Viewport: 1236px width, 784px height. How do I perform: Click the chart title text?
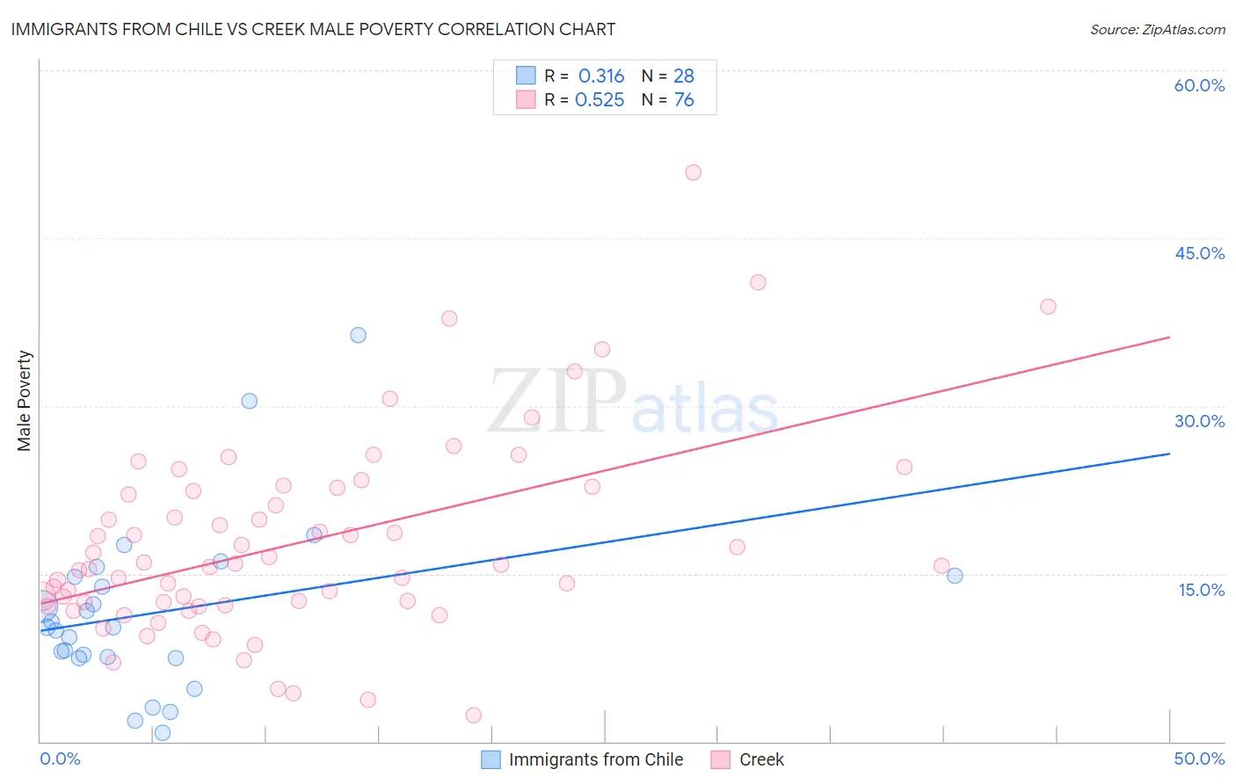click(313, 29)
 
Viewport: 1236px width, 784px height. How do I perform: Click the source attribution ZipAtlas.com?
click(1157, 29)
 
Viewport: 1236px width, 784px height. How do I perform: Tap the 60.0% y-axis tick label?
click(1199, 85)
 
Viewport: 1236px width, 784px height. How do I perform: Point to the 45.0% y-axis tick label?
click(1199, 253)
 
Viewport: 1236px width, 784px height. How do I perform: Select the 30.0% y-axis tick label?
click(1199, 421)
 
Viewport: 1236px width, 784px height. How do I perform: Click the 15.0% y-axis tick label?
click(1201, 590)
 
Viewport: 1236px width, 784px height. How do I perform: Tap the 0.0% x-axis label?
click(60, 759)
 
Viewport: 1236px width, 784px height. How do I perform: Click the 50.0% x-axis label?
click(1199, 759)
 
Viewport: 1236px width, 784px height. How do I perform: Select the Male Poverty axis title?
click(25, 401)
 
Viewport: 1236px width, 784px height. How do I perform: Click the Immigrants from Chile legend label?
click(595, 759)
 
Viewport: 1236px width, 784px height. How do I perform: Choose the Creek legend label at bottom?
click(761, 759)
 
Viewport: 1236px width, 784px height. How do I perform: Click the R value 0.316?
click(601, 76)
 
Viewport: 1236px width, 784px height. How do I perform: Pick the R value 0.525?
click(600, 100)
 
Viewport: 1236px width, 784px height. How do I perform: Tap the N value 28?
click(684, 76)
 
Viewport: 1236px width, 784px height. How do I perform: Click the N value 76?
click(684, 100)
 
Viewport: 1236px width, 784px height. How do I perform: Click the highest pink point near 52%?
click(693, 172)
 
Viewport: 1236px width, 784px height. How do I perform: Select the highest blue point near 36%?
click(358, 335)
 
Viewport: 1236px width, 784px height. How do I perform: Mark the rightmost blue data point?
click(955, 576)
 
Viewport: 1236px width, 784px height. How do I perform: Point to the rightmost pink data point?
click(1048, 307)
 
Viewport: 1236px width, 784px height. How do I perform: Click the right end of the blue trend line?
click(1169, 454)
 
